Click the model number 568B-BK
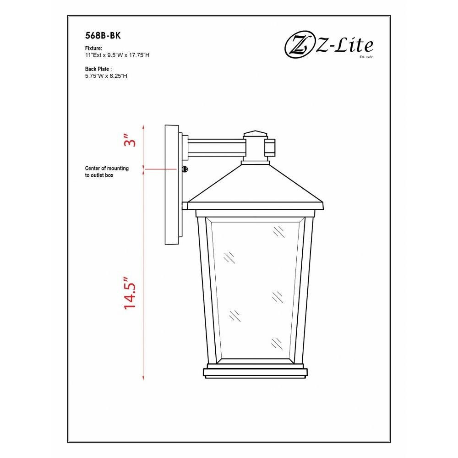(x=103, y=35)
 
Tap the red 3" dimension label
(x=130, y=141)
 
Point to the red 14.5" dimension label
(x=130, y=293)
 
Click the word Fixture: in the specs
(x=93, y=48)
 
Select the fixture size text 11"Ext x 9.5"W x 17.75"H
(x=117, y=55)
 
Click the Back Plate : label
(x=98, y=69)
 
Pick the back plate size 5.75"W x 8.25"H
(x=106, y=76)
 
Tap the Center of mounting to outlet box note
(x=107, y=172)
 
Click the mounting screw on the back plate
(x=185, y=169)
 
